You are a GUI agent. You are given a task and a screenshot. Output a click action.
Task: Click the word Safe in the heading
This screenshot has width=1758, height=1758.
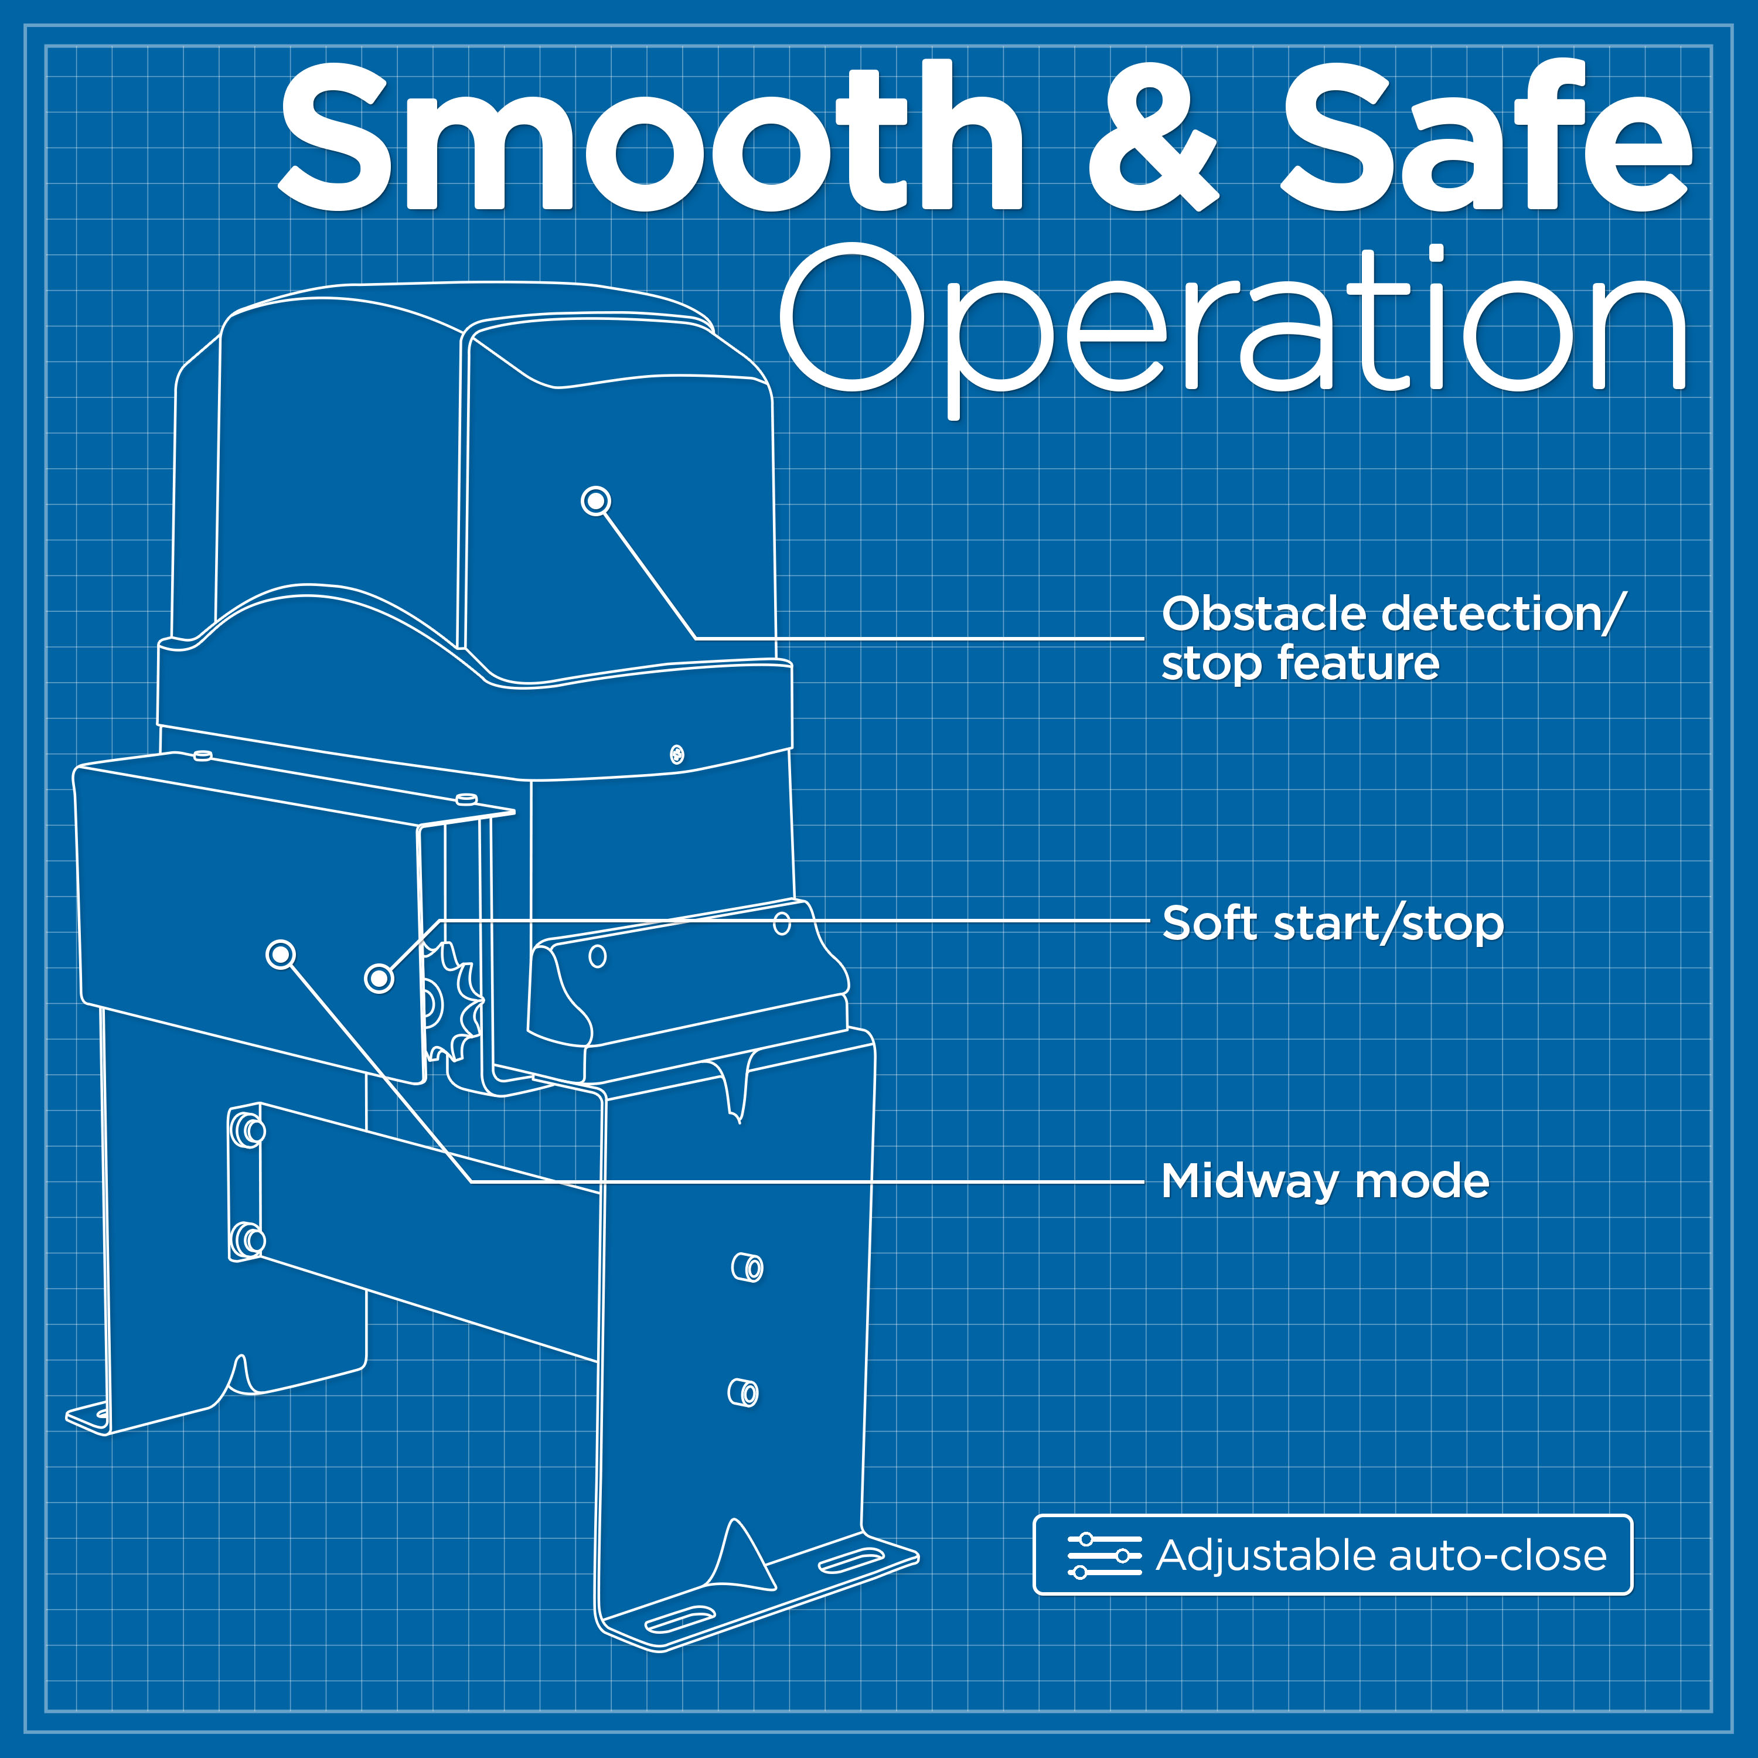(x=1486, y=137)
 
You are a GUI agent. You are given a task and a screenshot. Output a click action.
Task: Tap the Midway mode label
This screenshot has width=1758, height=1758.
(x=1326, y=1182)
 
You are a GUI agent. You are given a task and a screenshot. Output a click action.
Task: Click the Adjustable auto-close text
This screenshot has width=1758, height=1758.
(x=1381, y=1555)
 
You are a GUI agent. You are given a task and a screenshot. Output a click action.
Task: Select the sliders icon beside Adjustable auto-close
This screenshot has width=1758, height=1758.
(x=1104, y=1555)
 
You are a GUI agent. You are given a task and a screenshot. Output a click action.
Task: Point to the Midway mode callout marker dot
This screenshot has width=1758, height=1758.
(x=280, y=955)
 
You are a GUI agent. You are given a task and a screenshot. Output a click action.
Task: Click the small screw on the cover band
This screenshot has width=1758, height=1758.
(x=677, y=754)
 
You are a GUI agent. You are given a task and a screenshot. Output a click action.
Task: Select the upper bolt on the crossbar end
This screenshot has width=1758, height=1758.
(x=247, y=1131)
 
